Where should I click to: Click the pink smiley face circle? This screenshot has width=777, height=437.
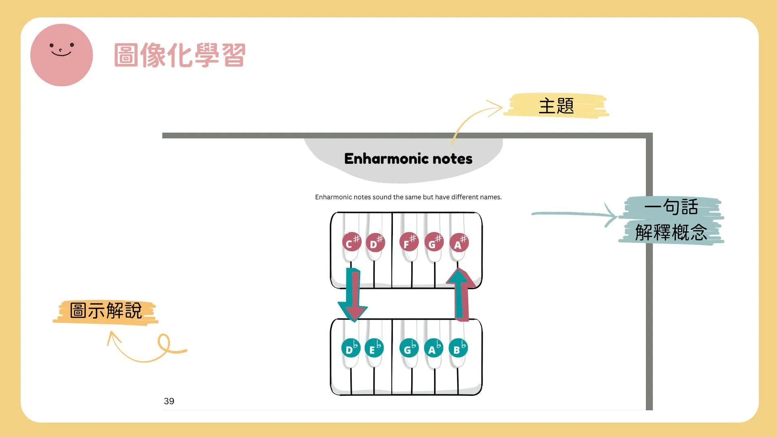tap(62, 55)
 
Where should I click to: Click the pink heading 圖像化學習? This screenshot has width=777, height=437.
tap(180, 55)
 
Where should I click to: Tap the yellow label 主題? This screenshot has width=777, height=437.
tap(556, 106)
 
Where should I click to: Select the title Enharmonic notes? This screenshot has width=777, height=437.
tap(408, 159)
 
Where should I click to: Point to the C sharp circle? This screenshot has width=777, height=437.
tap(351, 243)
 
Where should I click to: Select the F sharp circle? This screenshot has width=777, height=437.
tap(408, 242)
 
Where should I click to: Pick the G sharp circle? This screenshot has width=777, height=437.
tap(434, 242)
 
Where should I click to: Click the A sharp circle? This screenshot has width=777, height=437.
tap(459, 243)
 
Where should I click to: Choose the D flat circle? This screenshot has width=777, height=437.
tap(351, 348)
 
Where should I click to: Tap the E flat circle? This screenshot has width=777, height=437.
tap(374, 348)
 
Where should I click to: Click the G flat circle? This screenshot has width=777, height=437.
tap(409, 348)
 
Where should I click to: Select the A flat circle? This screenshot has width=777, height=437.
tap(433, 348)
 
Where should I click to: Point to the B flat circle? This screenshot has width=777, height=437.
tap(458, 348)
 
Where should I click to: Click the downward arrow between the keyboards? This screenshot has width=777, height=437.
tap(353, 295)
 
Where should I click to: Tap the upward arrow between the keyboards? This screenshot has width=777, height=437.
tap(461, 295)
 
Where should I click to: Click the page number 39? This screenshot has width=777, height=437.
tap(169, 401)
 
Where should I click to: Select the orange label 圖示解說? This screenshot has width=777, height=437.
tap(106, 311)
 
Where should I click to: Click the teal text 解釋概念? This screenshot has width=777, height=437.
tap(671, 232)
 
